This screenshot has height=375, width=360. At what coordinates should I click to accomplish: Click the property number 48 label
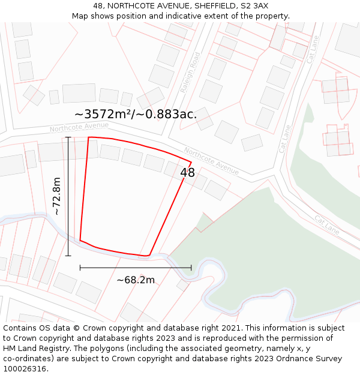click(187, 173)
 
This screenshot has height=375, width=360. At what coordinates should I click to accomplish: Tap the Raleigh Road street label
click(190, 73)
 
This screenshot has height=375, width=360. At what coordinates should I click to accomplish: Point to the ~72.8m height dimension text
click(56, 196)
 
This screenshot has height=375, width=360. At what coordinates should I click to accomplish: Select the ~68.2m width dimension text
click(136, 280)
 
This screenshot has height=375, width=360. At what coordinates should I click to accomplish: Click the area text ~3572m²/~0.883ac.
click(136, 114)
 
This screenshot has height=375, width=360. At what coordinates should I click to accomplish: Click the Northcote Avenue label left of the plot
click(79, 127)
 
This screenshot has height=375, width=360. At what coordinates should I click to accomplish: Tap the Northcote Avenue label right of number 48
click(211, 161)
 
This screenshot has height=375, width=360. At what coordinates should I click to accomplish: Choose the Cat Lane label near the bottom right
click(327, 225)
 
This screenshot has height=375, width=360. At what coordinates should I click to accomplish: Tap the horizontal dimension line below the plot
click(136, 268)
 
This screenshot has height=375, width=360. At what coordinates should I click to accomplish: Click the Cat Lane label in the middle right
click(286, 139)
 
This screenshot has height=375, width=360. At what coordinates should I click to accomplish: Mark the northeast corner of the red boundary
click(191, 161)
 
